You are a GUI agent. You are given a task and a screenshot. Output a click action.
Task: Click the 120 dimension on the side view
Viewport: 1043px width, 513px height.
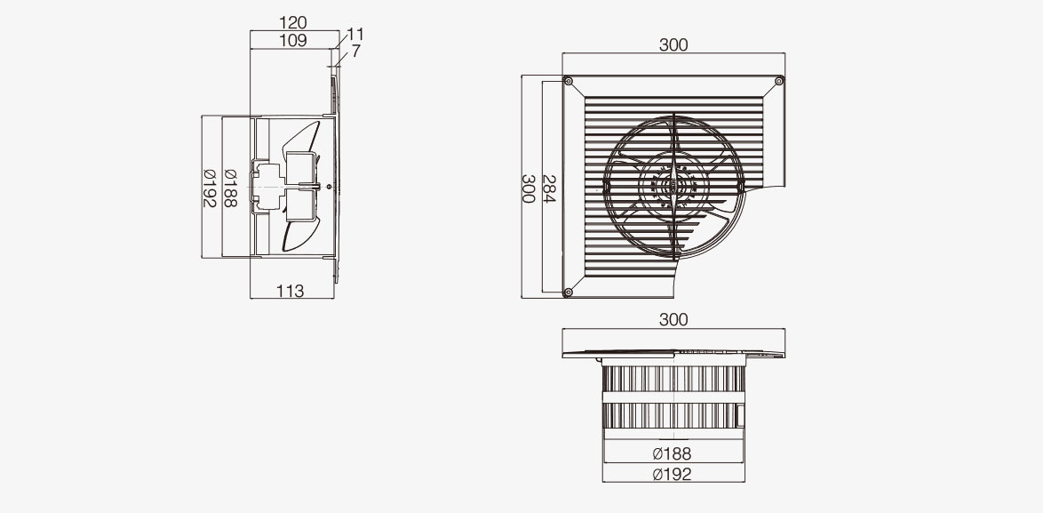click(x=292, y=23)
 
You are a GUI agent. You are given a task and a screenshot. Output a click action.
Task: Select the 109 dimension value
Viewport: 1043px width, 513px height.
click(x=292, y=41)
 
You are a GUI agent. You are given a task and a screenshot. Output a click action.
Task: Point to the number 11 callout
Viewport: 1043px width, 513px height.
click(x=356, y=35)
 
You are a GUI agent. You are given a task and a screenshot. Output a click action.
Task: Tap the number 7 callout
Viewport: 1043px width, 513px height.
click(x=356, y=52)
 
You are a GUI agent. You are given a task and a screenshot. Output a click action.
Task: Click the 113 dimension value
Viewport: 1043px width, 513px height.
click(x=290, y=291)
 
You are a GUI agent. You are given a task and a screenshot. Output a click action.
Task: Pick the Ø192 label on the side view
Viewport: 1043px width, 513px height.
click(x=210, y=188)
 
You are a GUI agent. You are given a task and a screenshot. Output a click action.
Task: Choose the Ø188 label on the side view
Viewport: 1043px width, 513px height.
click(x=230, y=188)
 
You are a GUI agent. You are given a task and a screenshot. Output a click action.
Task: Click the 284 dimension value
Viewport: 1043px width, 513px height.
click(x=549, y=189)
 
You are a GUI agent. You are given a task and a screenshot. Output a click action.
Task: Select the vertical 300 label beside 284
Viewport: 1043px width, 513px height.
click(x=528, y=189)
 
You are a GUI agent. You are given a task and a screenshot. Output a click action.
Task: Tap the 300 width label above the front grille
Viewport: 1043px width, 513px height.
click(x=673, y=45)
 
